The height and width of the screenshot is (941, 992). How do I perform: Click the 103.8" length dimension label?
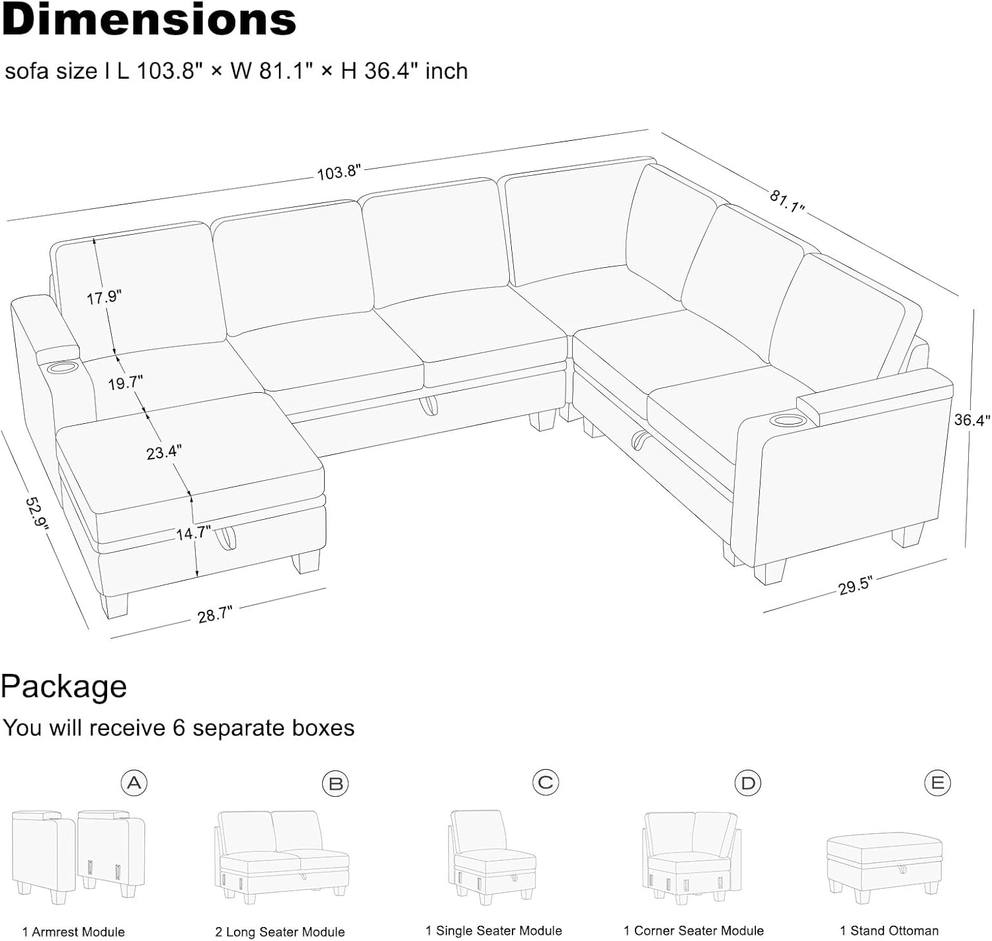click(x=339, y=172)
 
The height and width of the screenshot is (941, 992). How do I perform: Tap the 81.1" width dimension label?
click(x=786, y=201)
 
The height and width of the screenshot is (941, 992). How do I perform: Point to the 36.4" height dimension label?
click(x=971, y=420)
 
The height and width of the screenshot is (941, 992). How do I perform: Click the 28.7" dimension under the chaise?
click(x=215, y=614)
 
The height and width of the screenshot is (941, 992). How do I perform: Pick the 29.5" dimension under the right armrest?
click(x=855, y=586)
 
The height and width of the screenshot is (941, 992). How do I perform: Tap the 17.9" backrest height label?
click(x=104, y=297)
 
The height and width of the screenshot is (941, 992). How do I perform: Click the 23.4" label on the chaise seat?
click(x=164, y=452)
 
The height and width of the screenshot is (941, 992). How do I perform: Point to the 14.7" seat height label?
click(x=193, y=533)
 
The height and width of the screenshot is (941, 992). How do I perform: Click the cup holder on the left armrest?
click(x=61, y=370)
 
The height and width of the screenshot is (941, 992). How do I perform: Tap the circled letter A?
click(x=134, y=783)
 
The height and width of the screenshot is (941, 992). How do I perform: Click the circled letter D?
click(x=747, y=783)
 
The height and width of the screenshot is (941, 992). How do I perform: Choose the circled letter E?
click(x=937, y=783)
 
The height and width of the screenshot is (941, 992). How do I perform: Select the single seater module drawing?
click(x=492, y=857)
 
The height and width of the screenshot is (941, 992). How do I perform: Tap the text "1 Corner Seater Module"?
click(x=693, y=930)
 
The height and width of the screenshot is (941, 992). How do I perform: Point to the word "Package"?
click(x=63, y=686)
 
